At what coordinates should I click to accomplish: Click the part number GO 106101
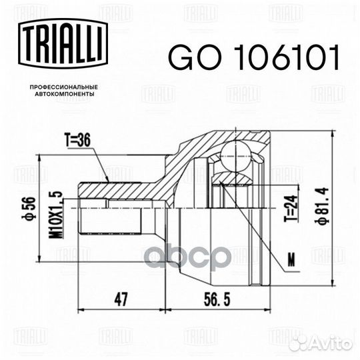click(x=253, y=59)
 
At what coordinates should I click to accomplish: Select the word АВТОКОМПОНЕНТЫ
click(x=58, y=95)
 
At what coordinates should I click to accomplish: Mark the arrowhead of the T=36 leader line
click(x=107, y=178)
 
